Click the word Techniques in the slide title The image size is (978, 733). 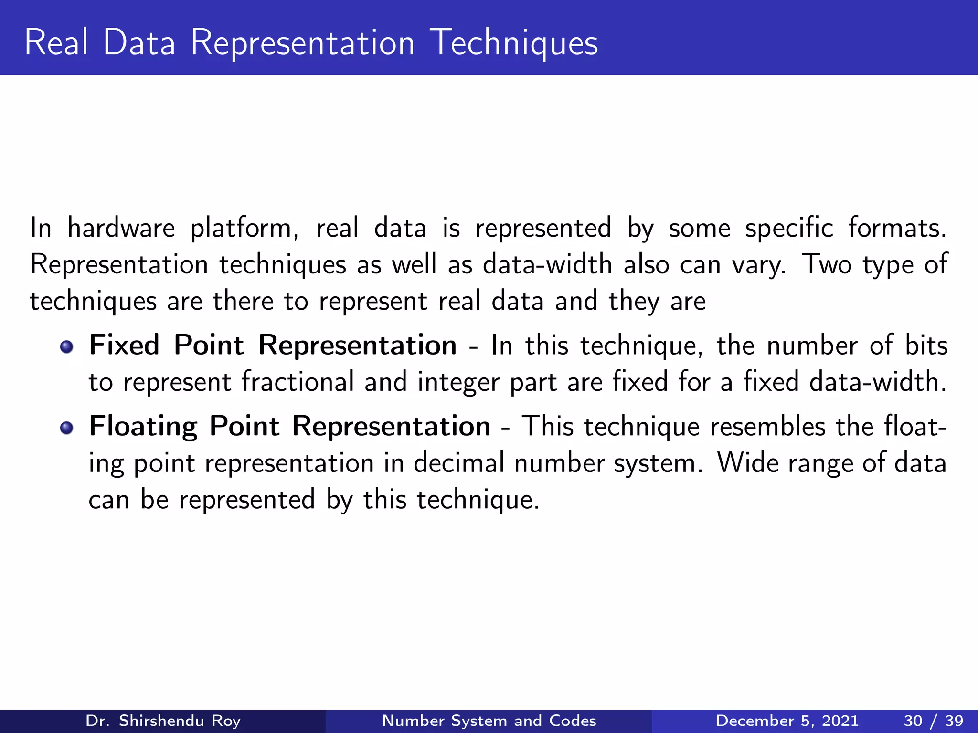coord(514,43)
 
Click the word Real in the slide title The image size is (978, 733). coord(56,43)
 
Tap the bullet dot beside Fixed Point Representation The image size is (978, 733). coord(66,347)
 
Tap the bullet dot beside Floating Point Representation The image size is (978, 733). coord(66,428)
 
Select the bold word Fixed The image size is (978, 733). coord(124,345)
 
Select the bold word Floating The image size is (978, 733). coord(143,427)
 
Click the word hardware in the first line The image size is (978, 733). coord(121,228)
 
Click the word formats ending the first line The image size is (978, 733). coord(896,228)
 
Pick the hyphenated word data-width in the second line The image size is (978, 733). coord(547,264)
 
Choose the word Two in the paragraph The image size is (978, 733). coord(827,264)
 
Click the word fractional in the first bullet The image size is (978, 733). coord(298,382)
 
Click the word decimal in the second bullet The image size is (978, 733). coord(458,463)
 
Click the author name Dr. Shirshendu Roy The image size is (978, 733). coord(163,721)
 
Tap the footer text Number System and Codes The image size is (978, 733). coord(489,721)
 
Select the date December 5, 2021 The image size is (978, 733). coord(787,721)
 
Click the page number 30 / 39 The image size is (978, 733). coord(933,721)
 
